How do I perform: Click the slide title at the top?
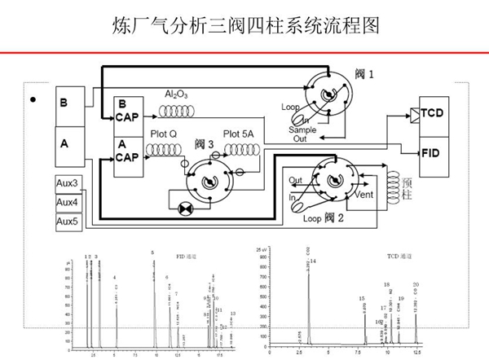pyautogui.click(x=244, y=25)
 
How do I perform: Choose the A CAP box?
pyautogui.click(x=126, y=151)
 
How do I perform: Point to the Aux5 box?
pyautogui.click(x=68, y=221)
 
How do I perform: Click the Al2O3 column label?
pyautogui.click(x=176, y=94)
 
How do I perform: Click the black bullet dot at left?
pyautogui.click(x=33, y=101)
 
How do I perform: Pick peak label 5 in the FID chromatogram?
pyautogui.click(x=152, y=253)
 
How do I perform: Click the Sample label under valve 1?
pyautogui.click(x=305, y=130)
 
